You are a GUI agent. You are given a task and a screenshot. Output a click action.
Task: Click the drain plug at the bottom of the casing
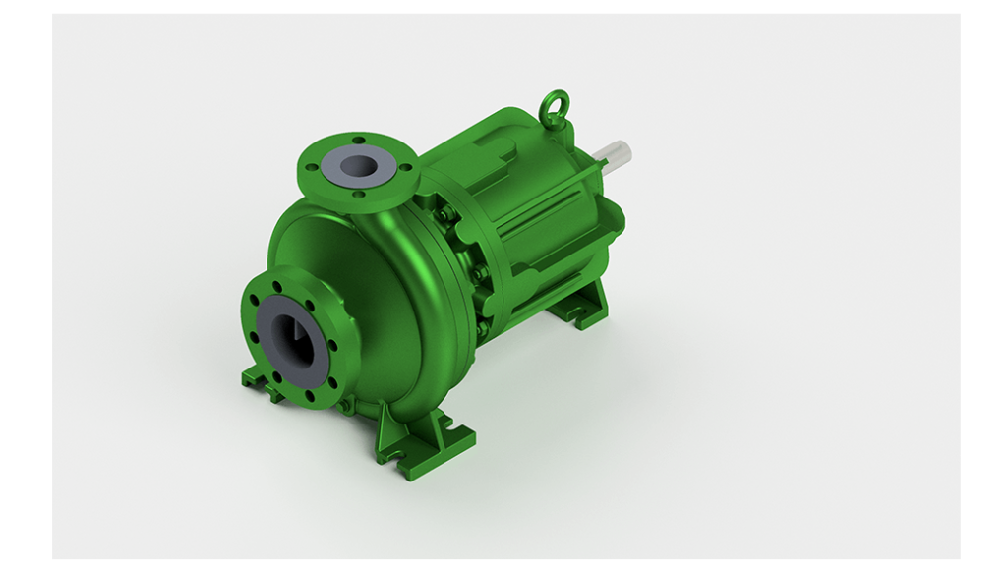(343, 404)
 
